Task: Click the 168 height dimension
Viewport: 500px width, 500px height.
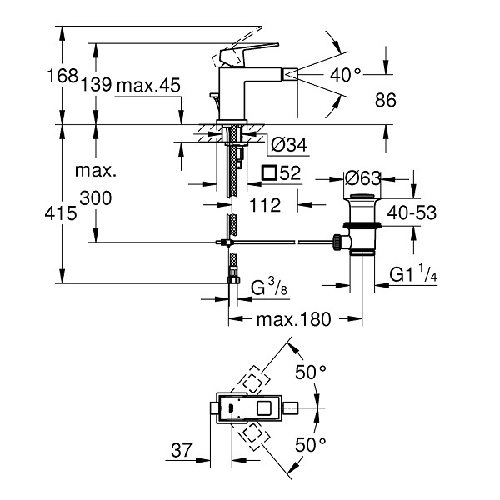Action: click(x=62, y=76)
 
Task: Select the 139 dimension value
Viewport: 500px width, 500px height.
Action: click(x=97, y=84)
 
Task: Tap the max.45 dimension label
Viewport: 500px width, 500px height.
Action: click(x=148, y=85)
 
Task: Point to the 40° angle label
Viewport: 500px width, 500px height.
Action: click(x=346, y=75)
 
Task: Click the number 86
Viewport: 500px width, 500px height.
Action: click(x=386, y=100)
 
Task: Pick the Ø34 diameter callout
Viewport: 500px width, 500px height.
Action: click(x=289, y=144)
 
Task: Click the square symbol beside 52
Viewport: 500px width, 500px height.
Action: click(x=269, y=172)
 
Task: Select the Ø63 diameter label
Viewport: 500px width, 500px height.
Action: click(x=362, y=178)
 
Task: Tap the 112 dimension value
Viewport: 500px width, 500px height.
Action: click(x=265, y=205)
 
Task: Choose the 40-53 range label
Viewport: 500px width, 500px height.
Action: click(x=412, y=212)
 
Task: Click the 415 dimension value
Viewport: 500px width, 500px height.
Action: click(x=61, y=212)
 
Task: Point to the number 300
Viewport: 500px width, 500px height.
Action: click(x=96, y=197)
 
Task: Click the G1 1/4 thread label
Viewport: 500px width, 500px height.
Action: click(x=413, y=272)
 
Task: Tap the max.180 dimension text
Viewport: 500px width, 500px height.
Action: click(x=294, y=319)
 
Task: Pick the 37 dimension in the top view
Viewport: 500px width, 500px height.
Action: click(x=182, y=450)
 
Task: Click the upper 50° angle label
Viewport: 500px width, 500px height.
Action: click(x=311, y=372)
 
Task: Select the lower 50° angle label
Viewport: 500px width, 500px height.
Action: click(x=311, y=444)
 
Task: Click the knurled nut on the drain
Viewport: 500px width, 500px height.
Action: click(x=337, y=242)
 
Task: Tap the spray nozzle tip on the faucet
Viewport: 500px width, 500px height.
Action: click(x=290, y=75)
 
